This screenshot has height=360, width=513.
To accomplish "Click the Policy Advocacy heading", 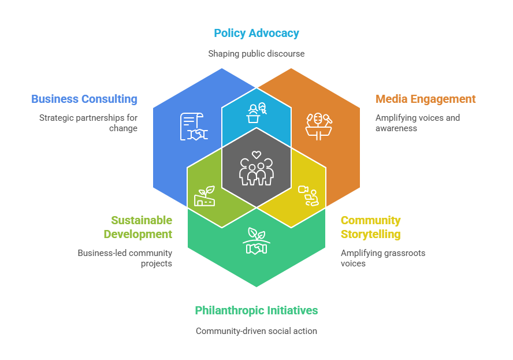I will coord(256,33).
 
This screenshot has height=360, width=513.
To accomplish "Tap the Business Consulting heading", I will coord(84,99).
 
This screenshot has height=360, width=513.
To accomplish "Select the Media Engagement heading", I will coord(426,99).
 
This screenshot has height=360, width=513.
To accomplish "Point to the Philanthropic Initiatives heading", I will coord(256,310).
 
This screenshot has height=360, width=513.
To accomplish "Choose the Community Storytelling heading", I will coord(371,227).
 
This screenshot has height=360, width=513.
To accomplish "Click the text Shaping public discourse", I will coord(256,54).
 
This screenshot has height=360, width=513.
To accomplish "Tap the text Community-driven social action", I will coord(256,331).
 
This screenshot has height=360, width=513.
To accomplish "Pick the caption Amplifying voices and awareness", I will coord(417,123).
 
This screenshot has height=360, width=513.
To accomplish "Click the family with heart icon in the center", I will coord(256,168).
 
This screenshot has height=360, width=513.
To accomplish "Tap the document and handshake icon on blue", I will coord(194,127).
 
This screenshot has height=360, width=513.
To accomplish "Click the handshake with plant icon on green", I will coord(256,241).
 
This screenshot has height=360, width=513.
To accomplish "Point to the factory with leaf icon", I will coord(205,196).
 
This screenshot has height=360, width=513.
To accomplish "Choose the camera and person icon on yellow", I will coord(308,195).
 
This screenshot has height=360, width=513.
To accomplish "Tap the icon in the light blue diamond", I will coord(256,112).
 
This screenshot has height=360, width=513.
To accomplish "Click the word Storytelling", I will coord(371,234).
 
